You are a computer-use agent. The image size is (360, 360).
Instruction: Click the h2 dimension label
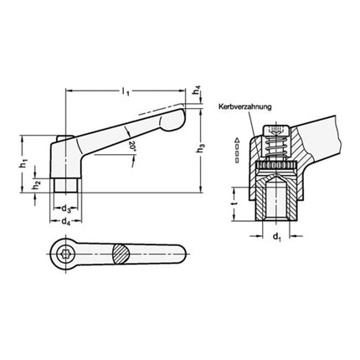click(x=37, y=184)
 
